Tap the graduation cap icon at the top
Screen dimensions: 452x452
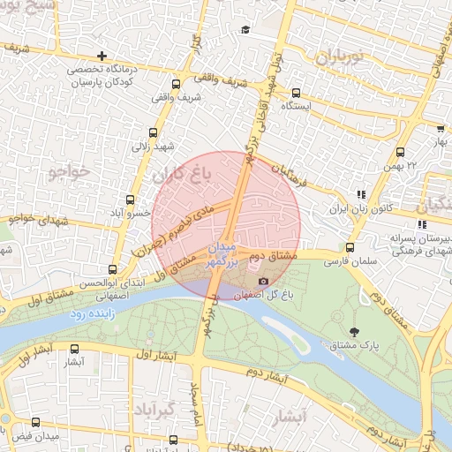245,30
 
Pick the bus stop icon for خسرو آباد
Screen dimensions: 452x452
131,200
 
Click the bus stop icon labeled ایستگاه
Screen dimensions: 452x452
296,93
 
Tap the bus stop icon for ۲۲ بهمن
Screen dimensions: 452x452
402,152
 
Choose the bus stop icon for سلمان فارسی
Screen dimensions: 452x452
350,248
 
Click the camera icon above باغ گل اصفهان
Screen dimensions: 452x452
262,281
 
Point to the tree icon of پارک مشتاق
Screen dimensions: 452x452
355,332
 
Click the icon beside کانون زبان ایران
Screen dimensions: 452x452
360,195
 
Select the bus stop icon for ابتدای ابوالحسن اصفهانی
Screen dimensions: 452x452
112,270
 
